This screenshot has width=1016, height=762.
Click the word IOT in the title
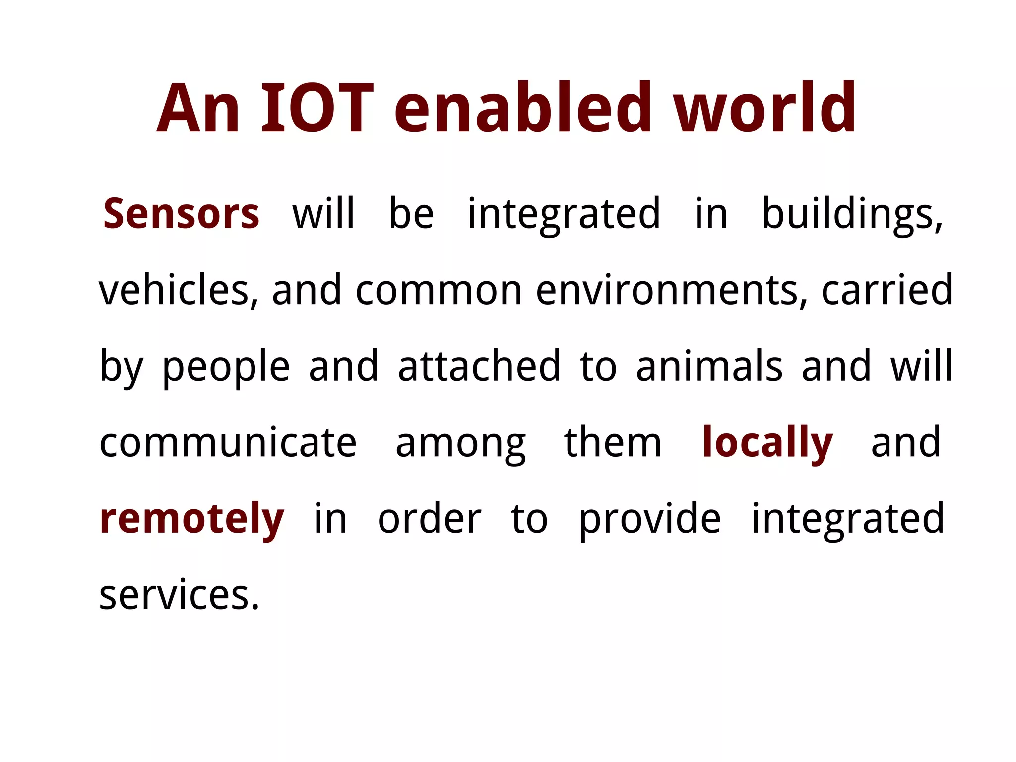317,109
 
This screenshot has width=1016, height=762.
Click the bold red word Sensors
181,214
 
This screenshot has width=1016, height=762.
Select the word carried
887,290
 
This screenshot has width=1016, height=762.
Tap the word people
226,367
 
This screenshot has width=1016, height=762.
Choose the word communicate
228,443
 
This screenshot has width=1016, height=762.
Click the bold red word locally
767,443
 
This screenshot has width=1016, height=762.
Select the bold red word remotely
192,519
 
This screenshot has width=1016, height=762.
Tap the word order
430,519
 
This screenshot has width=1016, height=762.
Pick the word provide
650,520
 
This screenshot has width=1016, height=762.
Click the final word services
179,595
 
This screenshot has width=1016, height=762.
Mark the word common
439,290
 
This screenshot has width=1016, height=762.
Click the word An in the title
198,109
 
